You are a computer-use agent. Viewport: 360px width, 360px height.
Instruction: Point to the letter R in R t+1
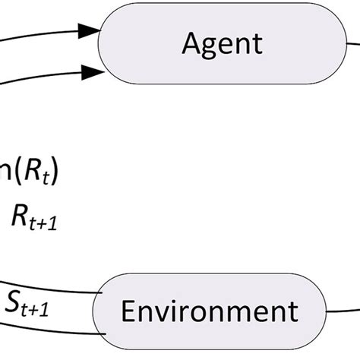point(19,216)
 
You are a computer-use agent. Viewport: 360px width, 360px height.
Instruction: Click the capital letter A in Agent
point(191,43)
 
